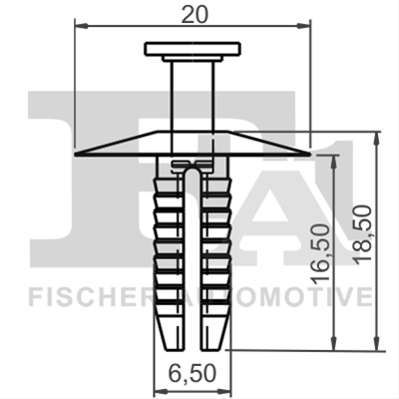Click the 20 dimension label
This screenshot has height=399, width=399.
(195, 14)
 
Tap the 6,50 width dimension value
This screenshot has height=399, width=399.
(193, 373)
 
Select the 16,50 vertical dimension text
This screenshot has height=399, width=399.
(321, 254)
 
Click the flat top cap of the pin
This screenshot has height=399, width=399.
(193, 49)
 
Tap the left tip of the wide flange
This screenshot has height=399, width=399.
(76, 155)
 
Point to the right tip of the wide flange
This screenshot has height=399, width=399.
(309, 155)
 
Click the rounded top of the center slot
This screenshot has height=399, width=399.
(193, 170)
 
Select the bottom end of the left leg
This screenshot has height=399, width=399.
(175, 349)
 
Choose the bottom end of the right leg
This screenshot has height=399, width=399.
(210, 349)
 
